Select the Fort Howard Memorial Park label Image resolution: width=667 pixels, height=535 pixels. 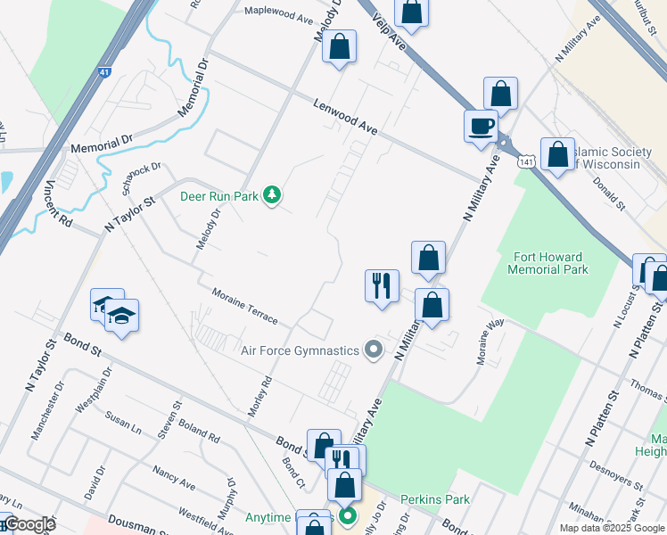click(548, 263)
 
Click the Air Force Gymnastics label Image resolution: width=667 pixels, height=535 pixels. click(299, 350)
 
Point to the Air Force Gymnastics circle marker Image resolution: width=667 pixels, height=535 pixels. click(374, 350)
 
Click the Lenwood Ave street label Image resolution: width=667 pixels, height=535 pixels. click(346, 118)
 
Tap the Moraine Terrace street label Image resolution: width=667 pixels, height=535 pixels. click(245, 306)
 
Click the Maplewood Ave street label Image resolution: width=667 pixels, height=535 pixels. click(279, 15)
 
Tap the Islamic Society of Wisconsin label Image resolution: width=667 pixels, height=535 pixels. click(606, 158)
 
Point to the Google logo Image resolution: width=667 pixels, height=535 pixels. click(29, 524)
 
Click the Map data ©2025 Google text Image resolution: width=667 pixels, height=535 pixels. click(611, 528)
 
